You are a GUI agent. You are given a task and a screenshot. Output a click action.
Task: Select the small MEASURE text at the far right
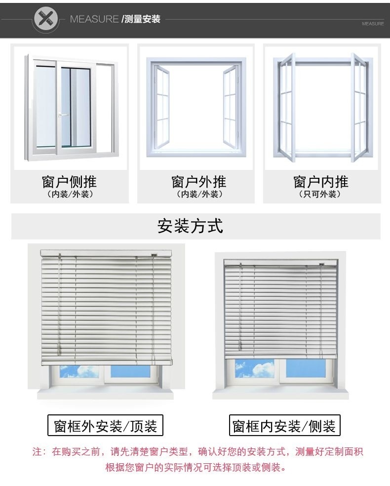coord(372,23)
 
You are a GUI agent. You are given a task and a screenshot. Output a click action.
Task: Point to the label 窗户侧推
coord(69,181)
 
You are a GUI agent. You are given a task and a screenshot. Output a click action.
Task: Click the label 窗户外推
coord(198,181)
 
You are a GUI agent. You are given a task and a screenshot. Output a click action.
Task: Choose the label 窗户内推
coord(321,181)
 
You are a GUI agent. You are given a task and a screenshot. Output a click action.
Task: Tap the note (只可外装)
coord(321,194)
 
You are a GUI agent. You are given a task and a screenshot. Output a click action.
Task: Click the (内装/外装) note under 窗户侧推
coord(69,194)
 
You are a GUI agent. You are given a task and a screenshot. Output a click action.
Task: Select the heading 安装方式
coord(190,226)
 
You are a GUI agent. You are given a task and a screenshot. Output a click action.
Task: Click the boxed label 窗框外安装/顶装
coord(105,425)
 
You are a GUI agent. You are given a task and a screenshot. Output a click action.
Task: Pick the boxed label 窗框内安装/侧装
coord(285,425)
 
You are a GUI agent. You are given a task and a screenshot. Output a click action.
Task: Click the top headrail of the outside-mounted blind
coord(106,253)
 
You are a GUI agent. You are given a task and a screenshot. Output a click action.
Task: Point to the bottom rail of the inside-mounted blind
coord(280,355)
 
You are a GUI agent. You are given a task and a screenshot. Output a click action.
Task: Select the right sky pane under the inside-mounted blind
coord(306,368)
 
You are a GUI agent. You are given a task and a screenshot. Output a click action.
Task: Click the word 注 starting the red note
coord(36,451)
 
